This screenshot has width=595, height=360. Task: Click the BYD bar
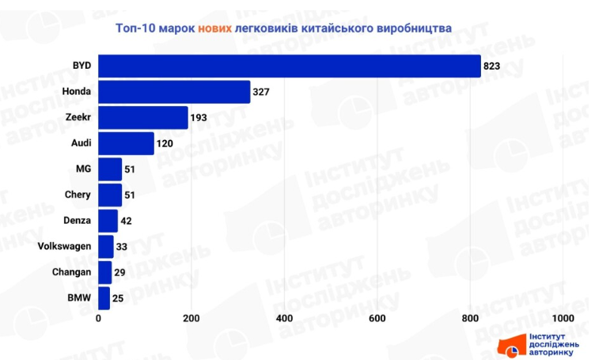[290, 66]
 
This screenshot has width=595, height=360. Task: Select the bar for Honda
[174, 92]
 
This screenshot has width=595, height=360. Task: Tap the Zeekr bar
[143, 118]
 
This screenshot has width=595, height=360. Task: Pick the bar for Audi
[126, 143]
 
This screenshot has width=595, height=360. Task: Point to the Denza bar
[108, 221]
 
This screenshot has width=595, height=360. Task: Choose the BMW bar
[104, 298]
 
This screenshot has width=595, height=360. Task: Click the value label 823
[493, 66]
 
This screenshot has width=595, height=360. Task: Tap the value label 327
[261, 93]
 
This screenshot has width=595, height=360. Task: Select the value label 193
[199, 118]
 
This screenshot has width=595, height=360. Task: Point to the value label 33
[123, 247]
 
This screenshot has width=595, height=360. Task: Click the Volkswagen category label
[64, 247]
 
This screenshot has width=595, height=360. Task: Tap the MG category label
[83, 169]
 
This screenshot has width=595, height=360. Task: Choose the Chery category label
[78, 195]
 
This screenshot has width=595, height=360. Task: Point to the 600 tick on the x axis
[377, 318]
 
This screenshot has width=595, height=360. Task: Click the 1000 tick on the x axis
[563, 318]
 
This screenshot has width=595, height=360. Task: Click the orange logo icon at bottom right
[510, 346]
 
